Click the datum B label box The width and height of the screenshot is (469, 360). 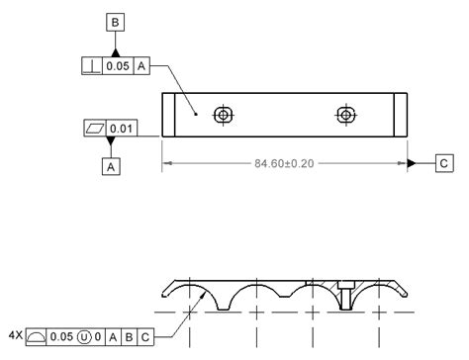tap(116, 21)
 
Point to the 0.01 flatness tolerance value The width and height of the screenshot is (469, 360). tap(121, 129)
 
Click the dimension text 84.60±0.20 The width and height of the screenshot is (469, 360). tap(285, 162)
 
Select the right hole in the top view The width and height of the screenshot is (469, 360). tap(344, 115)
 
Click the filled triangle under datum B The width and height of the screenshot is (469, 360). tap(116, 50)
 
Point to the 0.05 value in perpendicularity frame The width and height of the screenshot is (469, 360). tap(117, 65)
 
